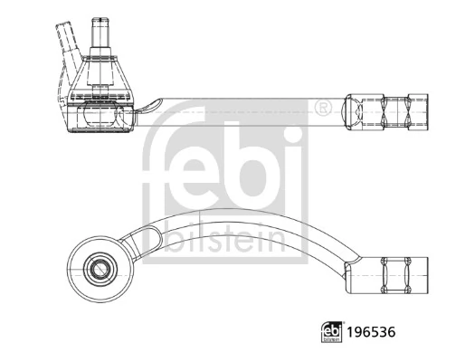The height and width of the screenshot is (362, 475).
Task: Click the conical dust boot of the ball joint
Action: (102, 77)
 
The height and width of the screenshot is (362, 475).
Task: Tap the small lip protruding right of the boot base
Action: (149, 107)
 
